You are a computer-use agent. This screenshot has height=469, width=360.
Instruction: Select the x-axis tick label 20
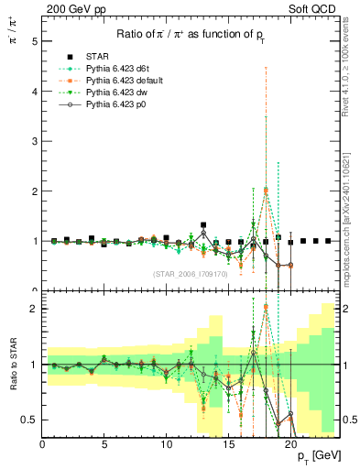pyautogui.click(x=290, y=445)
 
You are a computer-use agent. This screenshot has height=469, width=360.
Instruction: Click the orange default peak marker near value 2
pyautogui.click(x=266, y=191)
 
